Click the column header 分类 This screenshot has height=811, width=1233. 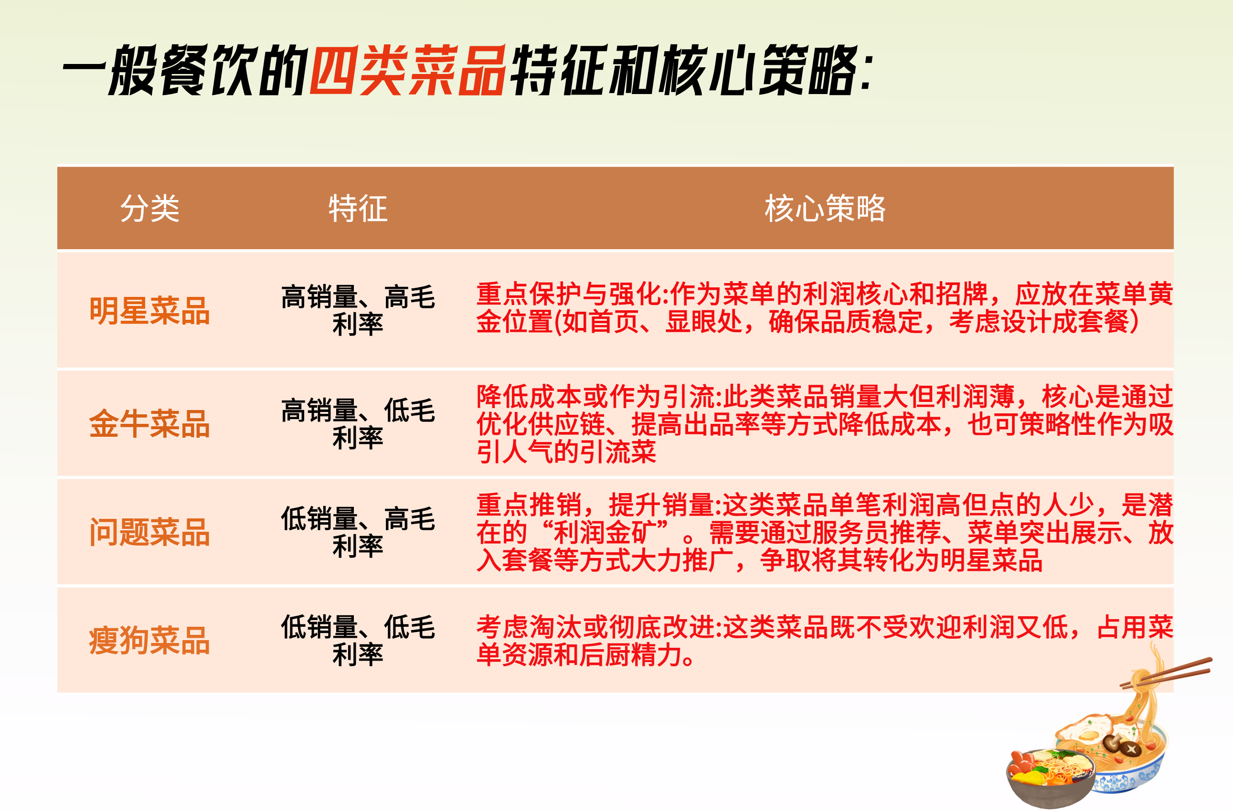(x=150, y=209)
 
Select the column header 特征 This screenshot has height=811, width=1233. (x=358, y=209)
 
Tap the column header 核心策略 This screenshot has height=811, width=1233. (x=825, y=209)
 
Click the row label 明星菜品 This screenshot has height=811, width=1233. (x=150, y=311)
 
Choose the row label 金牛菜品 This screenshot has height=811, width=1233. (x=150, y=423)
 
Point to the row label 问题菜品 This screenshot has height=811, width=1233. (x=150, y=532)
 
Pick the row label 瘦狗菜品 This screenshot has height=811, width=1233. (x=150, y=641)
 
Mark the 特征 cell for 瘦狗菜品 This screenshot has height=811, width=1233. (x=358, y=641)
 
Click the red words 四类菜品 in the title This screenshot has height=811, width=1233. (x=408, y=70)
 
